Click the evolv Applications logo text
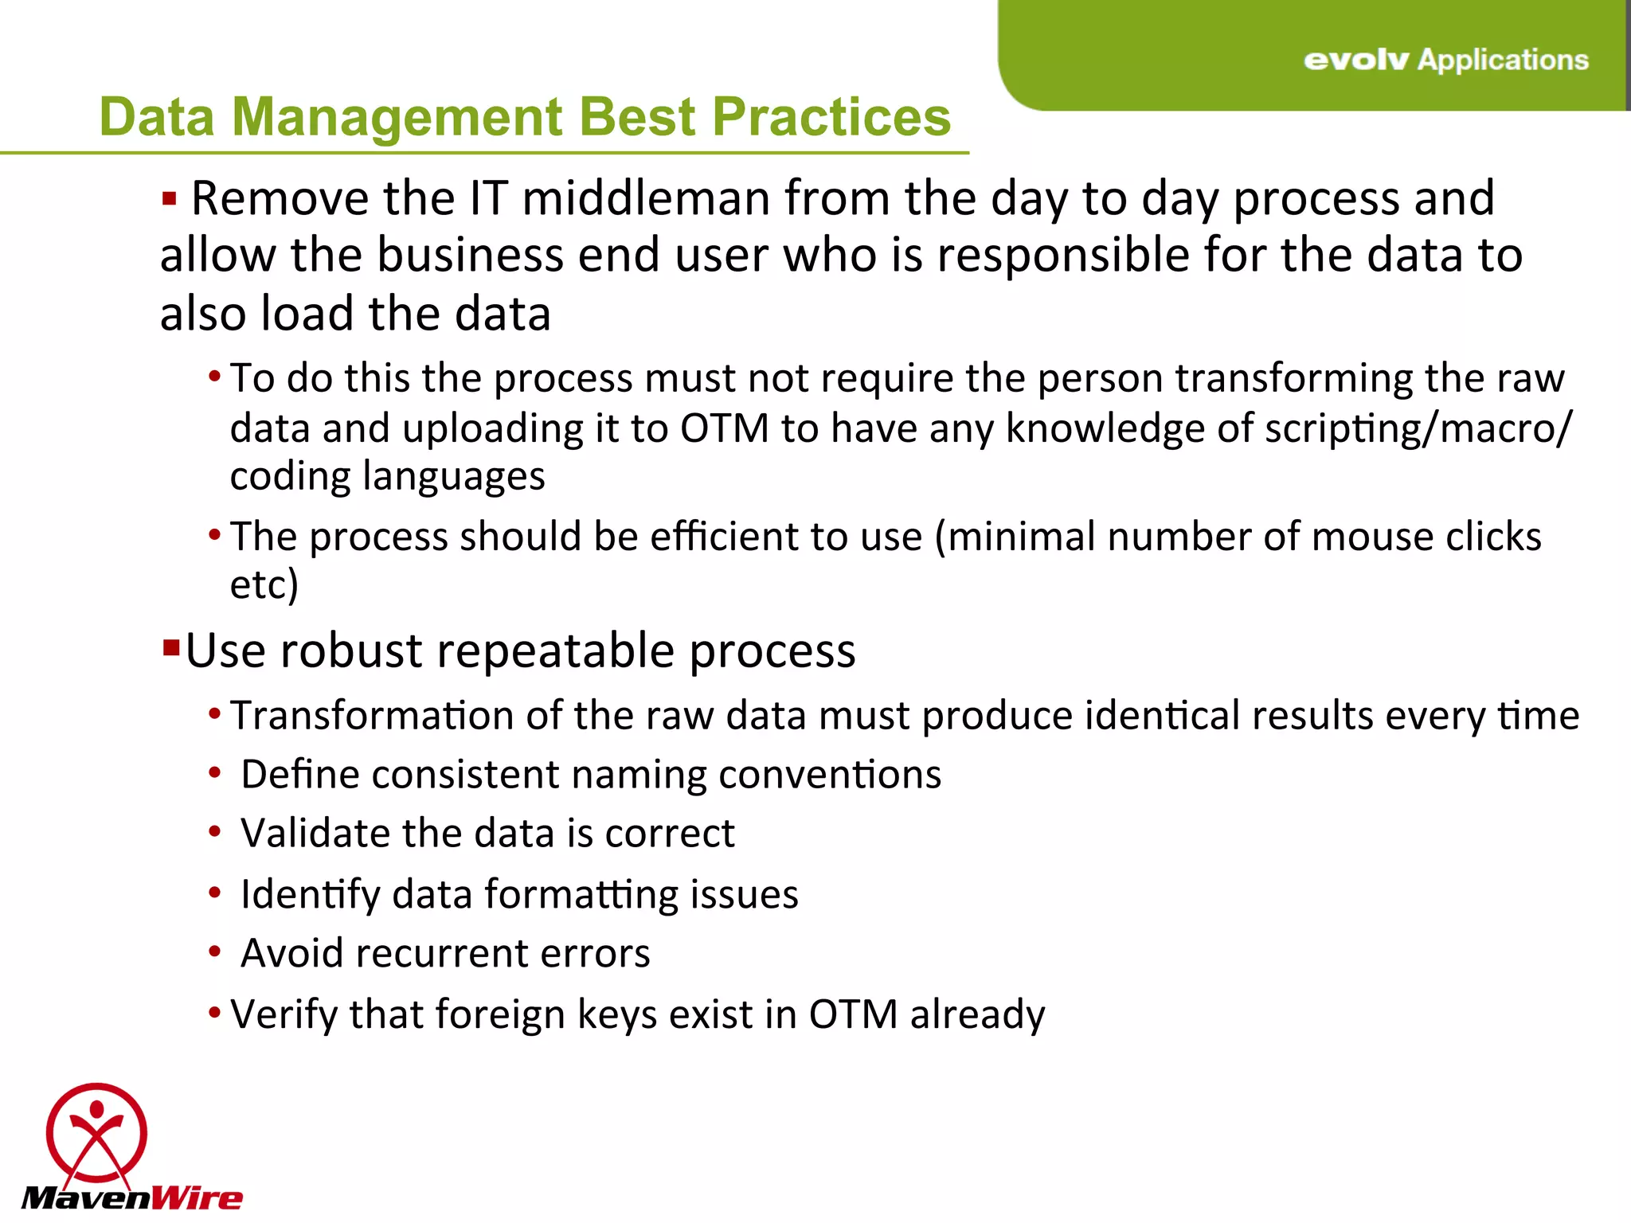coord(1445,60)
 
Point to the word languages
coord(453,477)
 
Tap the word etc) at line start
coord(264,584)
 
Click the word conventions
coord(829,775)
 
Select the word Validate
coord(315,834)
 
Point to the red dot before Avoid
coord(214,951)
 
